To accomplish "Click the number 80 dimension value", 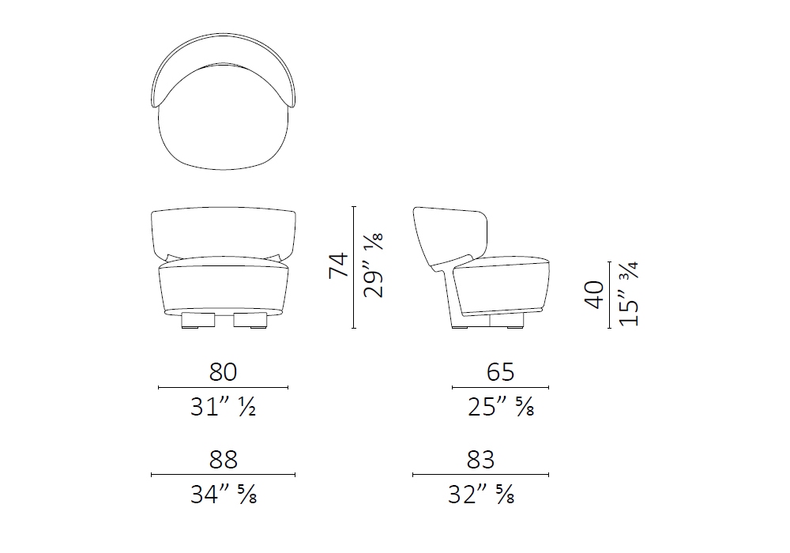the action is coord(224,372).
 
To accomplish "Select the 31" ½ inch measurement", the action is coord(224,406).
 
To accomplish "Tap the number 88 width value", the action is coord(224,459).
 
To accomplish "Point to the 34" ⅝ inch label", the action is coord(224,494).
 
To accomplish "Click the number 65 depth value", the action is coord(501,372).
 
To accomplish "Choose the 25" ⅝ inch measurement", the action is coord(501,406).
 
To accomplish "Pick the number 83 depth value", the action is coord(480,459).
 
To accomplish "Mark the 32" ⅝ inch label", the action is coord(481,494).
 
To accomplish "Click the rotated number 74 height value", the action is coord(339,265).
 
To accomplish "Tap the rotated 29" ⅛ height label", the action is coord(374,265).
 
